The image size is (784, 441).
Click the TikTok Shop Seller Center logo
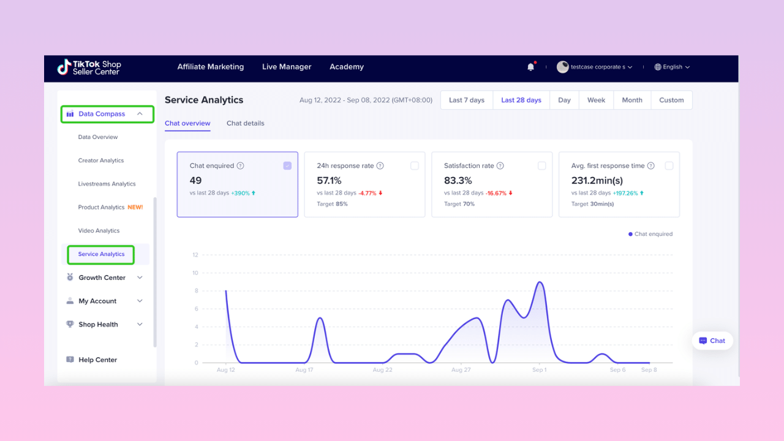pos(89,67)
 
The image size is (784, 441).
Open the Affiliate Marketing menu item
pos(210,67)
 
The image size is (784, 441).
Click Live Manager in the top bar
pos(287,67)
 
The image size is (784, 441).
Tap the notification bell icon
pos(530,67)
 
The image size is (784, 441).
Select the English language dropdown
pos(672,67)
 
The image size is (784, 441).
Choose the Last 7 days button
pos(467,100)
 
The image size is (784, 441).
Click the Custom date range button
pos(671,100)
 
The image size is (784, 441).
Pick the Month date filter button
pos(632,100)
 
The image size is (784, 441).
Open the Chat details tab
pos(246,123)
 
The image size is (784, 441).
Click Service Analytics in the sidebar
pos(101,254)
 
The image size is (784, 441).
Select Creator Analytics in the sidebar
pos(101,160)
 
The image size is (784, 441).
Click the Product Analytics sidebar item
pos(102,208)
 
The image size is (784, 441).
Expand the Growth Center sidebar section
pos(102,277)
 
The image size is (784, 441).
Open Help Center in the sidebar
pos(97,360)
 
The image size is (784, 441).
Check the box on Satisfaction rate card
pos(541,166)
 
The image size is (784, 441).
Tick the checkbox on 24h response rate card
pos(415,166)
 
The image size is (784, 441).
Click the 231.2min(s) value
pos(597,181)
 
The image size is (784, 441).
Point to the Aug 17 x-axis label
pos(304,370)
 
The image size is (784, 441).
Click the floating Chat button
pos(712,341)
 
